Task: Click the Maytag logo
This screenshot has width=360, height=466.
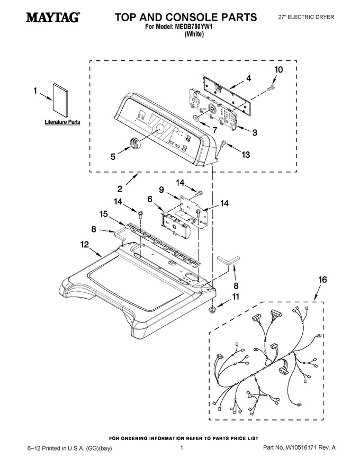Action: (x=52, y=17)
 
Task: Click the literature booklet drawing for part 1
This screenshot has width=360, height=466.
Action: (x=60, y=101)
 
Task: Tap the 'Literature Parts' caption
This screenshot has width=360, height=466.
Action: (x=62, y=122)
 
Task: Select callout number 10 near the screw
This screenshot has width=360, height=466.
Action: (x=278, y=69)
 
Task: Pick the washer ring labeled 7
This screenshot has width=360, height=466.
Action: (x=196, y=118)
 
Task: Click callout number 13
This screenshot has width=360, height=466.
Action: (x=246, y=155)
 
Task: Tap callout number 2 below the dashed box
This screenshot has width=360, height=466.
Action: (x=120, y=189)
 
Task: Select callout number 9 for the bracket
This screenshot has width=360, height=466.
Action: (x=161, y=190)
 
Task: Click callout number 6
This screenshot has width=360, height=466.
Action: (x=150, y=199)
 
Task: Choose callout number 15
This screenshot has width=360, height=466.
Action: (x=104, y=214)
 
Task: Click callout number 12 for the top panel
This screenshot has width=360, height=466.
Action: (x=85, y=244)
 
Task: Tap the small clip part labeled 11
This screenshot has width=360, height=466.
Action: (x=212, y=310)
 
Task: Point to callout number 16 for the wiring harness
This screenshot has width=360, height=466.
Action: (x=322, y=280)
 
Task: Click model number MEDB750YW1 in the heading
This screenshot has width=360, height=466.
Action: (x=194, y=26)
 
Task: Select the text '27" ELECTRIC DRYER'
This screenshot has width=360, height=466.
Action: (x=306, y=17)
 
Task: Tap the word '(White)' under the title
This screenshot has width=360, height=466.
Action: (x=194, y=34)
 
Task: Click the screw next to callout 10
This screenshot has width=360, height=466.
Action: (x=271, y=87)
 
